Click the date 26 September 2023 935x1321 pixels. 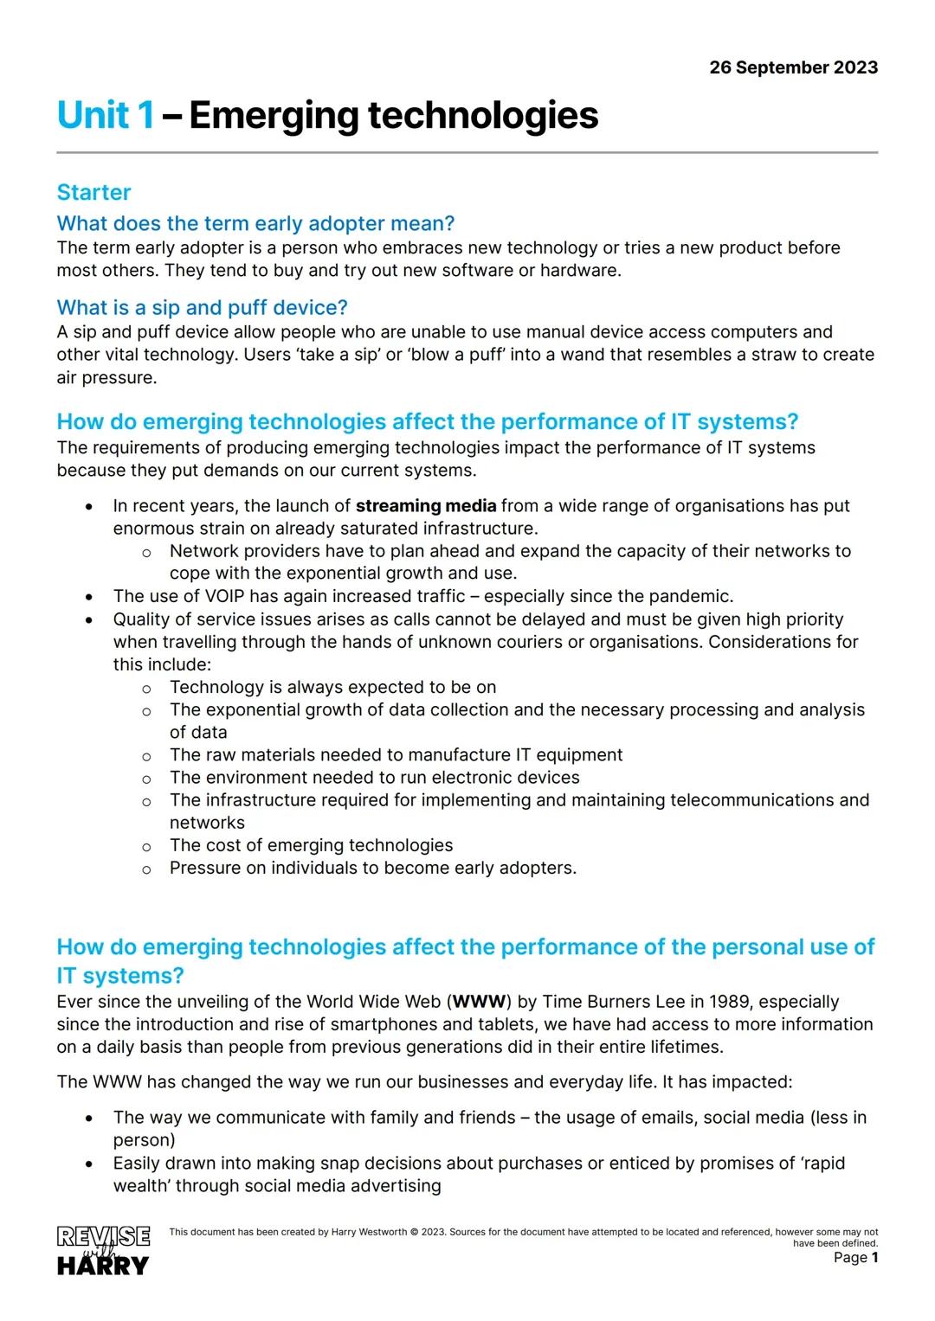(793, 67)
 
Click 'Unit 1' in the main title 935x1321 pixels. (106, 115)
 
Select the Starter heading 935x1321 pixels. (93, 192)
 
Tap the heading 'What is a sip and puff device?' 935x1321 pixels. (202, 307)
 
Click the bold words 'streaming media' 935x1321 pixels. (426, 506)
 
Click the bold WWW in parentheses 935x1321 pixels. (479, 1002)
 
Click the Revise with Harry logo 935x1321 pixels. (103, 1250)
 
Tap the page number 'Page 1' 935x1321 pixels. (855, 1257)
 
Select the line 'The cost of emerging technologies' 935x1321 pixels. (311, 845)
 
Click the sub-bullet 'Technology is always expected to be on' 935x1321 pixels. (332, 687)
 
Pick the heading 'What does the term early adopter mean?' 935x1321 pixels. (255, 223)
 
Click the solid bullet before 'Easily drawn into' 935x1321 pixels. (88, 1164)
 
